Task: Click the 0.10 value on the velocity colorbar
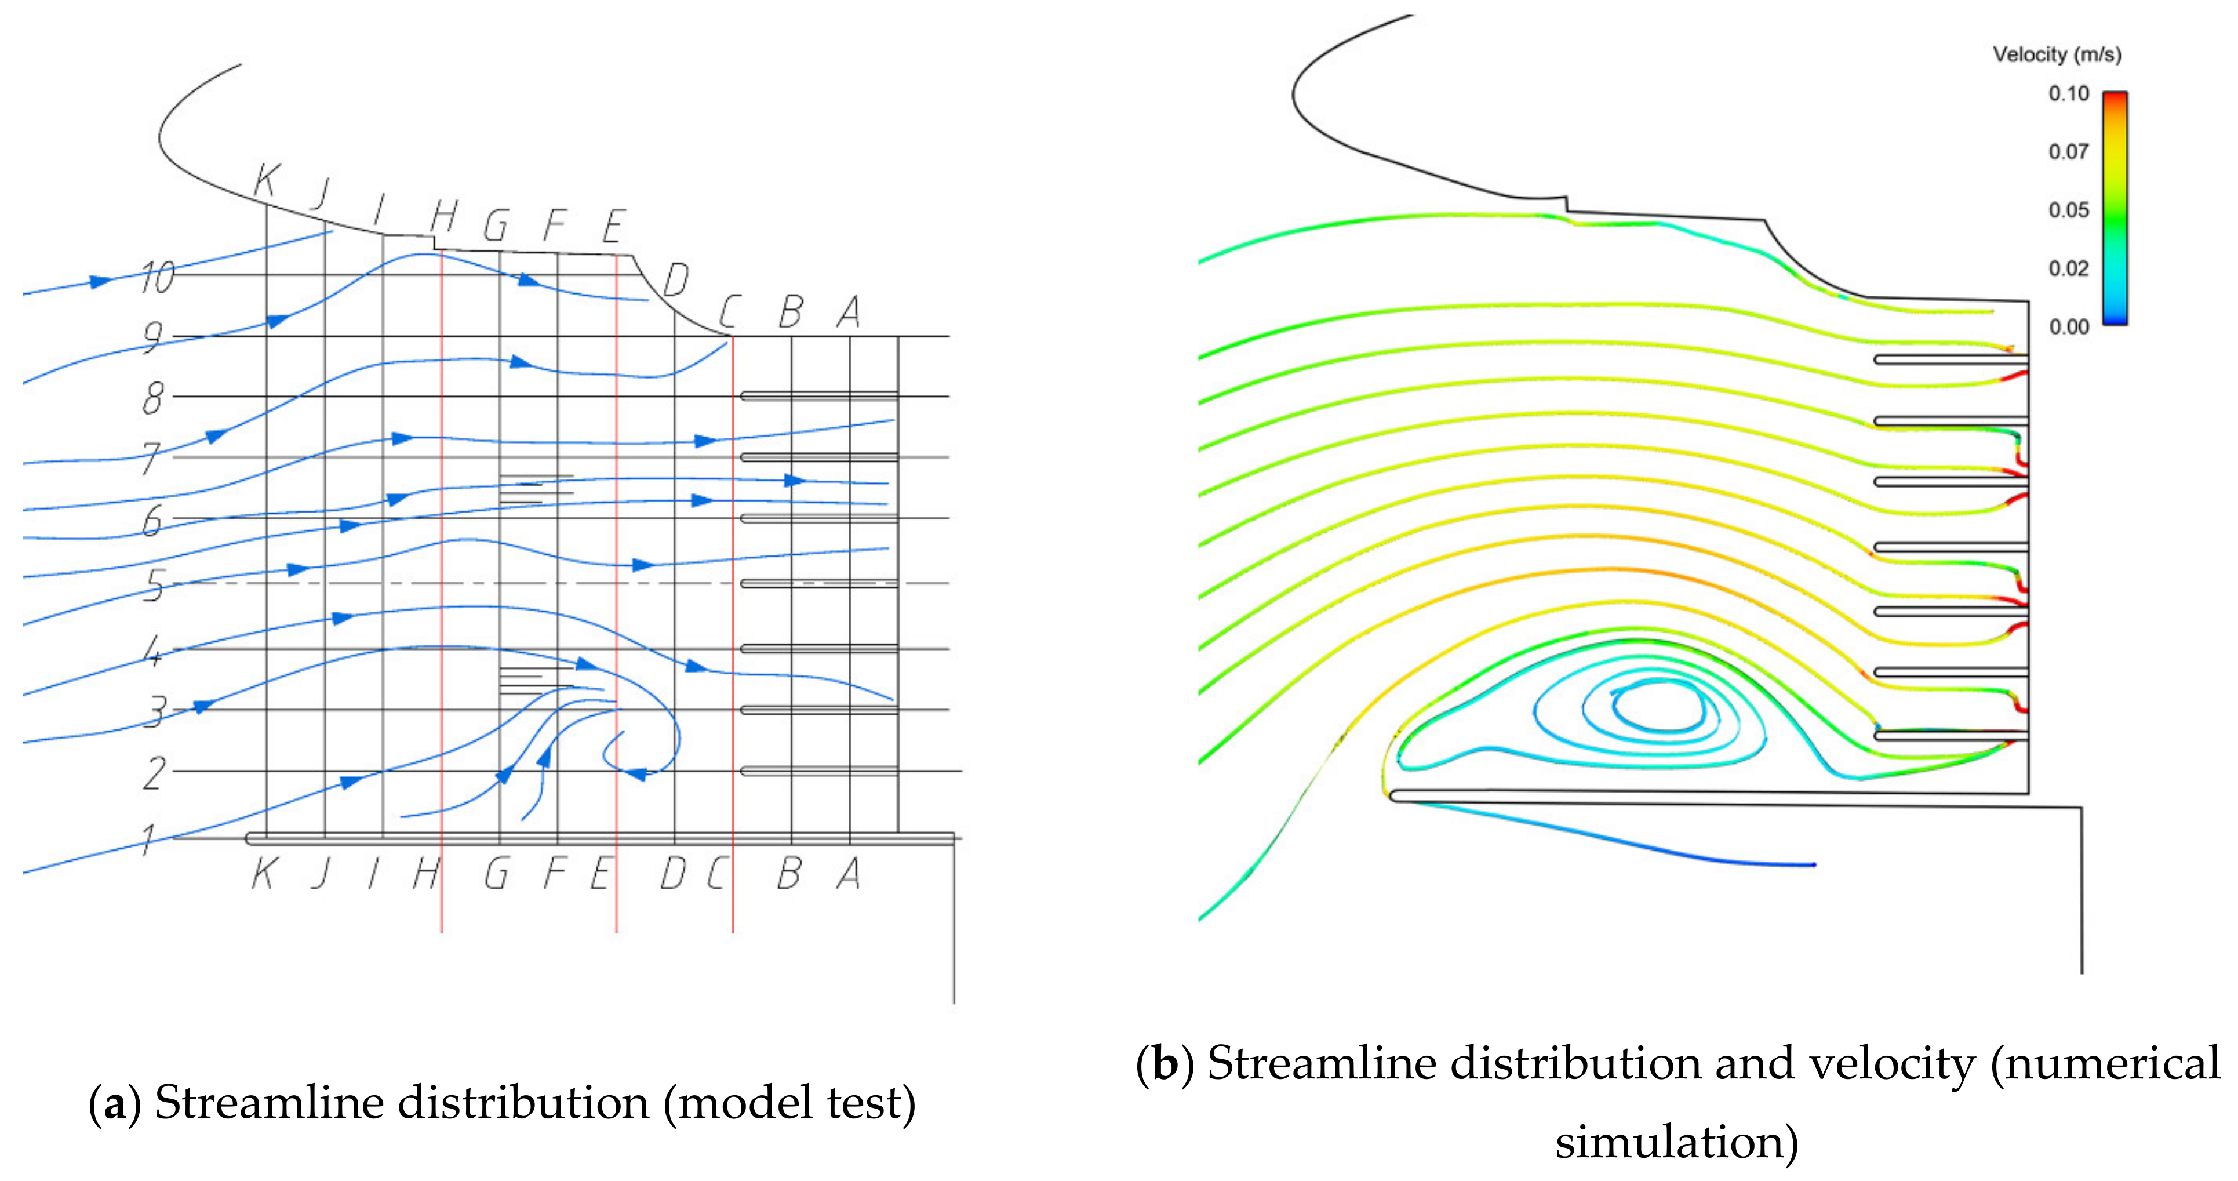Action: [x=2069, y=94]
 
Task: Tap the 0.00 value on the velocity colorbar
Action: [x=2069, y=327]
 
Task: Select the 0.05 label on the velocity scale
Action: [x=2069, y=210]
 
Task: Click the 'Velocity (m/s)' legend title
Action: [x=2057, y=54]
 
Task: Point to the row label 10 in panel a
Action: [x=157, y=278]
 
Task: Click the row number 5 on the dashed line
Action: [x=154, y=585]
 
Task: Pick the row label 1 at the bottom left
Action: [x=148, y=840]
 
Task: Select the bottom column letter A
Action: [x=849, y=873]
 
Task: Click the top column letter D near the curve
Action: [x=676, y=280]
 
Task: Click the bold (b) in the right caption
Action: [x=1163, y=1064]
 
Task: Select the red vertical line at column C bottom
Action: [x=733, y=904]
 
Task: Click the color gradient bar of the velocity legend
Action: [x=2114, y=209]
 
